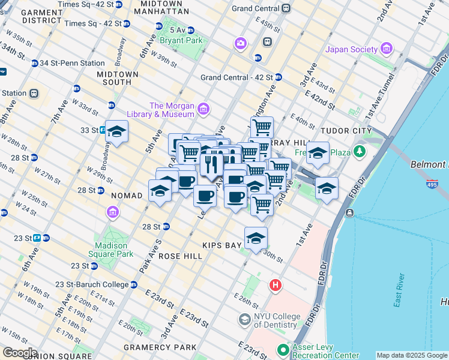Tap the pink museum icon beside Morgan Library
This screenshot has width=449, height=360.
coord(203,109)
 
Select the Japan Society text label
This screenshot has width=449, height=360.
coord(352,50)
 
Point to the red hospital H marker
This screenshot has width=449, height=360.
coord(276,284)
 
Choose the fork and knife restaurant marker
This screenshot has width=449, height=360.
coord(211,163)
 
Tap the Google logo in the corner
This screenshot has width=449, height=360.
coord(19,353)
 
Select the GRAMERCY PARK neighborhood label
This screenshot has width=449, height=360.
coord(160,347)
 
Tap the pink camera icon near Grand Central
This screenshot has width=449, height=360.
coord(241,43)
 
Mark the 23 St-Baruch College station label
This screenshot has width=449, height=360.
coord(92,284)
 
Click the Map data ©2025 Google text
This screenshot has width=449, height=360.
coord(412,355)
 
